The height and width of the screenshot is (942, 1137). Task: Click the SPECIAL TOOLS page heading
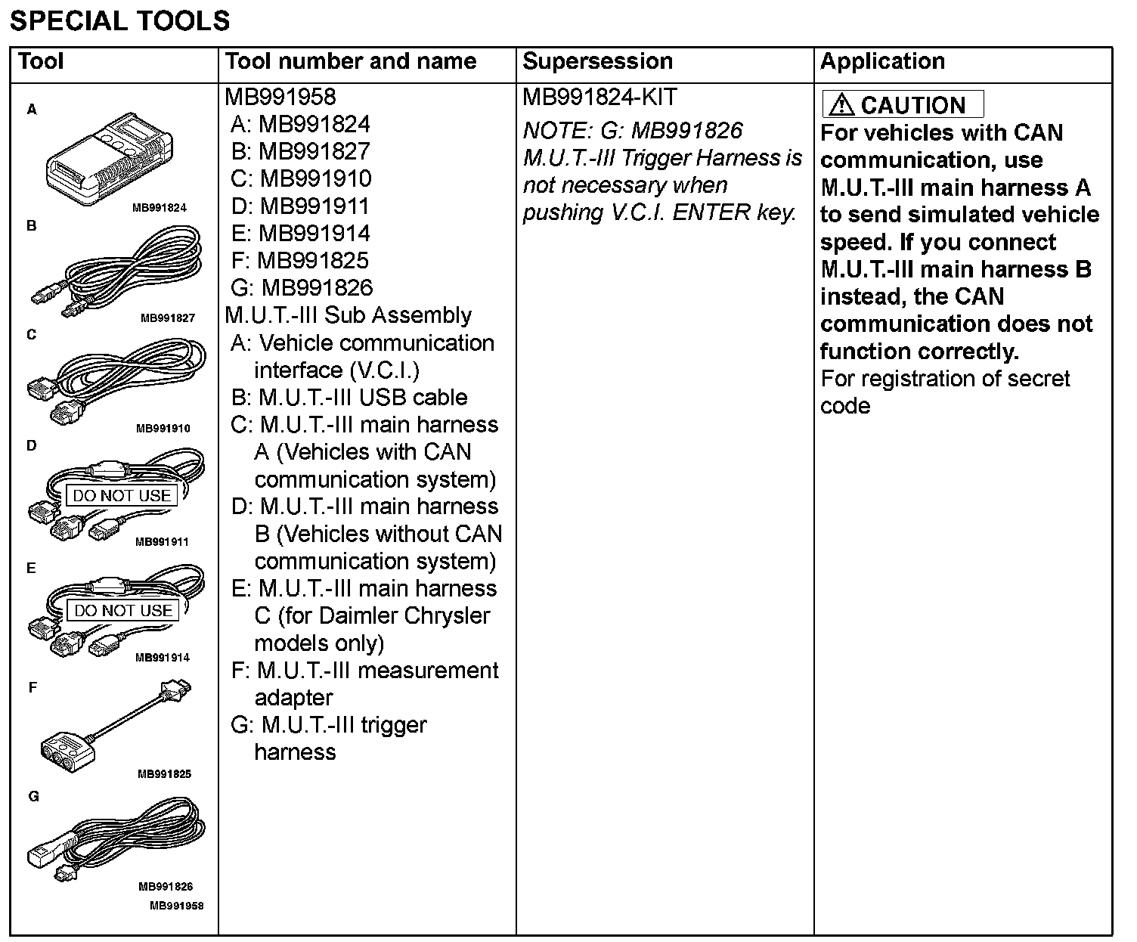click(x=119, y=20)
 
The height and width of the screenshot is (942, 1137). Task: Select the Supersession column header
click(x=597, y=61)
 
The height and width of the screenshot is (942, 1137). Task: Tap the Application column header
click(x=882, y=61)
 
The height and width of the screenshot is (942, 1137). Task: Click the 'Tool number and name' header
click(x=351, y=61)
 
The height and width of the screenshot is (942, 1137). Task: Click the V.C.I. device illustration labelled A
click(x=110, y=160)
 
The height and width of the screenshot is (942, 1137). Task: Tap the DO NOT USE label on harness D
click(x=122, y=496)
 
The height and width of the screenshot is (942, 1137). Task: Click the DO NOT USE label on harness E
click(x=123, y=611)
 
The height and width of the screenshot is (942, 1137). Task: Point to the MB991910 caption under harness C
click(x=163, y=429)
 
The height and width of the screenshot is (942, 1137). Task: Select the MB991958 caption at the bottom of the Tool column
click(x=176, y=906)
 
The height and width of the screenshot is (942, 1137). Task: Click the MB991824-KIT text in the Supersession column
click(x=599, y=98)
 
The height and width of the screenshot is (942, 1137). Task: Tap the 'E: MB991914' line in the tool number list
click(x=300, y=234)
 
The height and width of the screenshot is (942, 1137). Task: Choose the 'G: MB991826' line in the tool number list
click(x=302, y=288)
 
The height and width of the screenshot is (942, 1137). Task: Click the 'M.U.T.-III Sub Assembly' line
click(x=348, y=315)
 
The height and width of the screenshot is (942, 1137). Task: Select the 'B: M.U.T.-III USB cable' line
click(x=349, y=398)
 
